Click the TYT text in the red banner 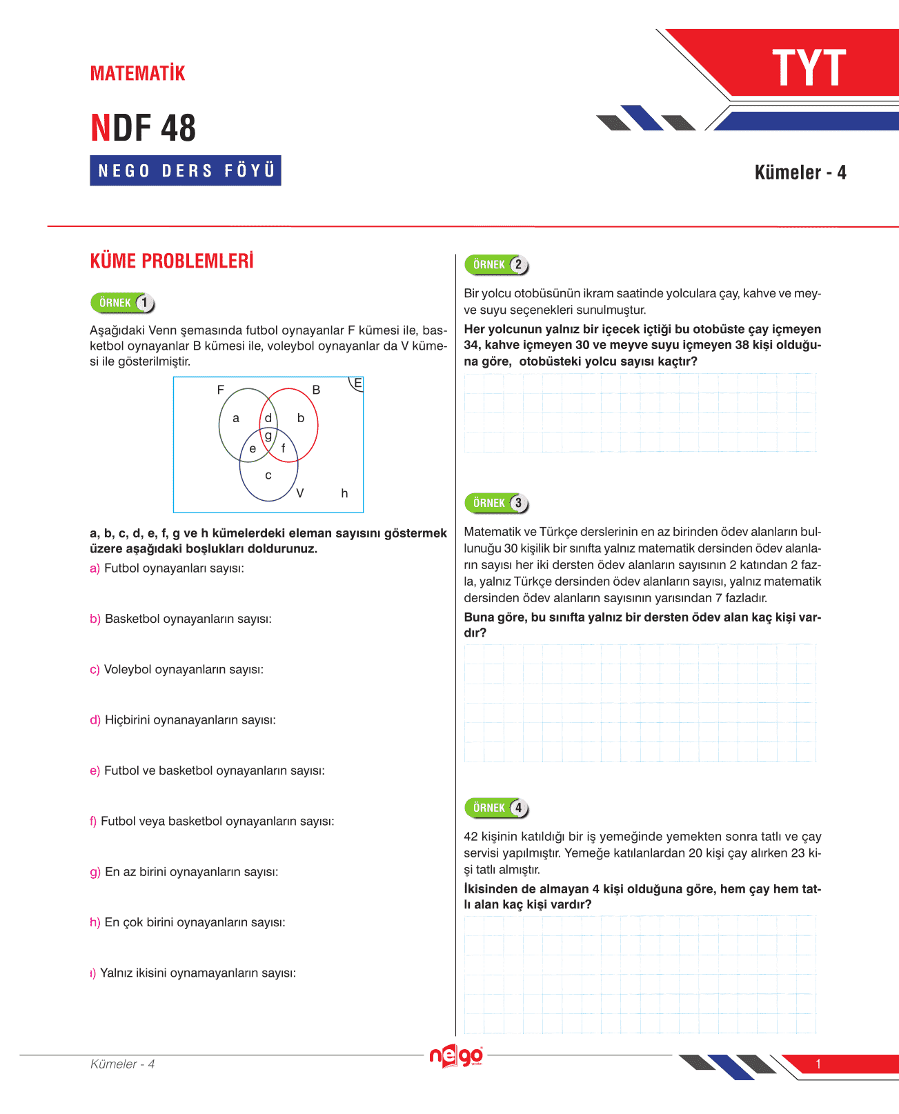coord(809,68)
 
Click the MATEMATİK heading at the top coord(138,73)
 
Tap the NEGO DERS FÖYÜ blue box coord(186,170)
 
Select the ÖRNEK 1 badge coord(123,303)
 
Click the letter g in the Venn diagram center coord(268,435)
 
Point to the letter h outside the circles coord(344,493)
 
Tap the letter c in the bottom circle coord(268,475)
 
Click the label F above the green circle coord(221,390)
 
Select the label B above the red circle coord(316,390)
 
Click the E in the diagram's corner coord(357,383)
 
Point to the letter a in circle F coord(236,418)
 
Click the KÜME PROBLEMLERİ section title coord(172,261)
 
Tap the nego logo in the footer coord(456,1056)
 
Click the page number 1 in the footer coord(818,1064)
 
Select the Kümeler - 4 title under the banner coord(800,172)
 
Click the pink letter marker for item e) coord(95,770)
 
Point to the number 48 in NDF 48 coord(179,128)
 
